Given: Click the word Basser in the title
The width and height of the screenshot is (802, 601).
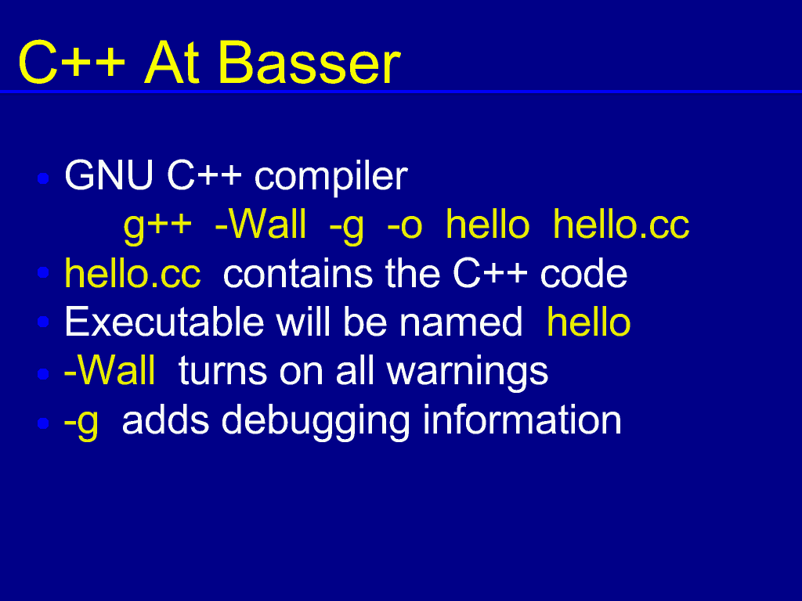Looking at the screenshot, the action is [309, 63].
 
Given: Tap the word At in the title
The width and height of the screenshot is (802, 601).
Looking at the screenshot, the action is [172, 63].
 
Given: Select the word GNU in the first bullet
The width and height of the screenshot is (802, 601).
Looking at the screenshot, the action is [109, 175].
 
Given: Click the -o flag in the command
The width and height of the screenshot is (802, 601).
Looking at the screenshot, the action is [405, 226].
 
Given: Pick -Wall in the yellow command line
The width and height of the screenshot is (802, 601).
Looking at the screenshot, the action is [260, 224].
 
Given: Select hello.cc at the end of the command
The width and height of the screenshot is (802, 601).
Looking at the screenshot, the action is [621, 224].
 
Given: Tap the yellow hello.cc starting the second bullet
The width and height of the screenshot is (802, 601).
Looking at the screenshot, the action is [132, 273].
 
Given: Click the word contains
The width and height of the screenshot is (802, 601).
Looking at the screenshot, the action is [298, 273].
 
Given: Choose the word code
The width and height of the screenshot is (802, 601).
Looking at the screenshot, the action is [583, 273].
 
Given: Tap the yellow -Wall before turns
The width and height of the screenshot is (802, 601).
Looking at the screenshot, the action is [110, 370].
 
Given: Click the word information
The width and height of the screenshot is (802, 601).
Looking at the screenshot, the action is [522, 420].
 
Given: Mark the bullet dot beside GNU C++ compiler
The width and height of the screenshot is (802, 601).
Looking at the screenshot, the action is [44, 178].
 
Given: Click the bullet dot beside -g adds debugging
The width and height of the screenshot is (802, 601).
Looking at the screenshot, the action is [44, 423].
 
